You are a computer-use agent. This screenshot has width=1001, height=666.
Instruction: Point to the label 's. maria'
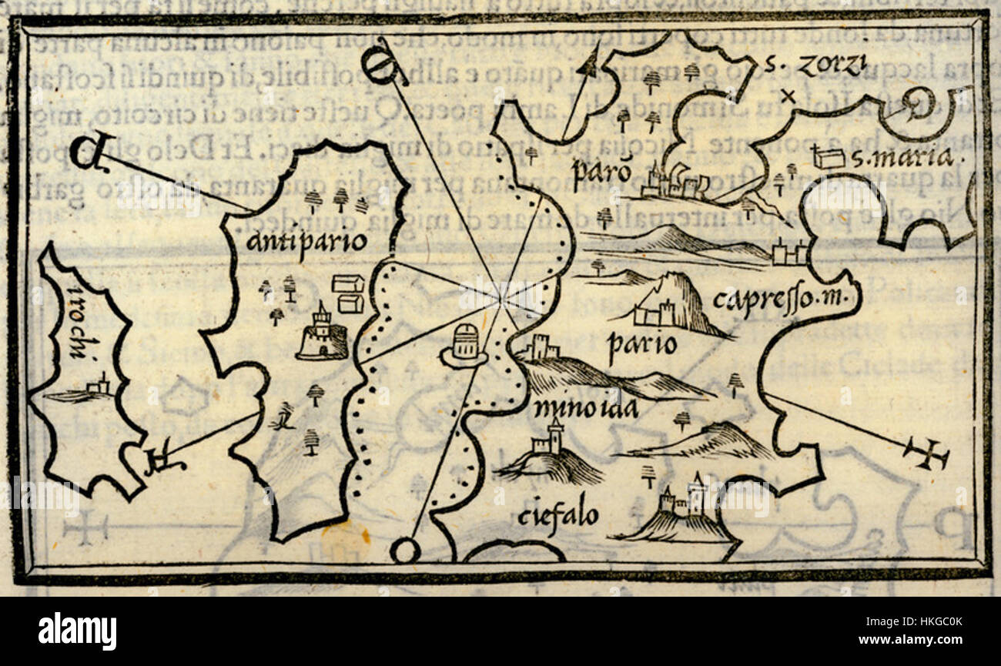click(902, 159)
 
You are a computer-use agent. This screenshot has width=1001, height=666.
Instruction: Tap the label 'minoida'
click(584, 408)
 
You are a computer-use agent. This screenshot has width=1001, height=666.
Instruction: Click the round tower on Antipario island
click(322, 336)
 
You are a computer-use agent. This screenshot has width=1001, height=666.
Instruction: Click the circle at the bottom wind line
click(405, 551)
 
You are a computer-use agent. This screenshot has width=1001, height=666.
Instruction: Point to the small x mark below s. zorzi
click(786, 96)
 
